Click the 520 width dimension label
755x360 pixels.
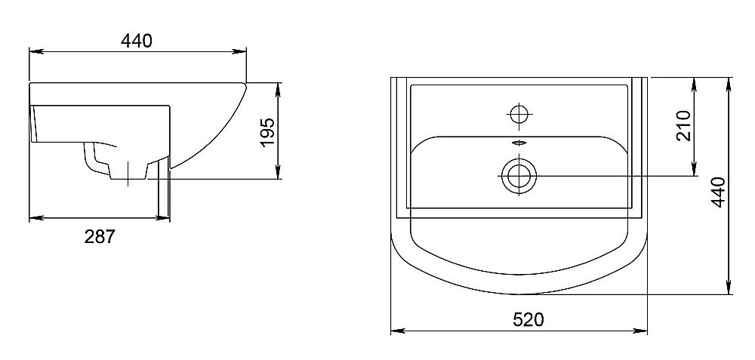pos(528,319)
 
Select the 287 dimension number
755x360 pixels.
pos(100,236)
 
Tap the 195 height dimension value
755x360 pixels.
pos(267,132)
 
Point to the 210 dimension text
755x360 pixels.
pos(683,125)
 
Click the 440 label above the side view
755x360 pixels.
pos(136,41)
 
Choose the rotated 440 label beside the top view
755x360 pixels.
pos(718,192)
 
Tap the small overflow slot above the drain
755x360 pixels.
pos(519,143)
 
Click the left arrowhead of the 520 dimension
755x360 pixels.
pos(397,331)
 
